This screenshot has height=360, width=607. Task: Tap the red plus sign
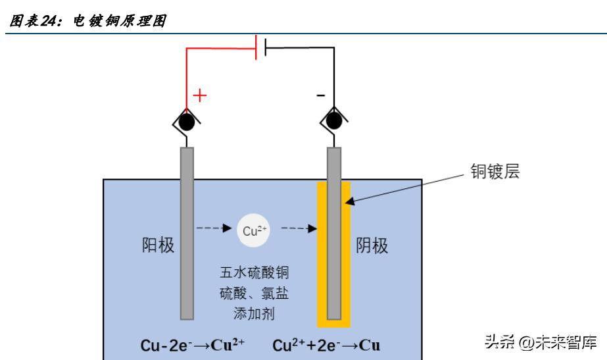[x=199, y=95]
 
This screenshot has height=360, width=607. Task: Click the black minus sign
[x=320, y=96]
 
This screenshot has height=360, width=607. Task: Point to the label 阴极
[x=372, y=245]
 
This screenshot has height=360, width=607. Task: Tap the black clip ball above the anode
[x=187, y=121]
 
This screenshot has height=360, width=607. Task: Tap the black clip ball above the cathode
[x=334, y=121]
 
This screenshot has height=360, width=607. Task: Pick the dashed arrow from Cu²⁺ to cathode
[x=299, y=230]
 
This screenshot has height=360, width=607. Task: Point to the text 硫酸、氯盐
[x=255, y=293]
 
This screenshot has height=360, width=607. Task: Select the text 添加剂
[x=255, y=314]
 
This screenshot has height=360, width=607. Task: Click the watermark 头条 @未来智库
[x=540, y=342]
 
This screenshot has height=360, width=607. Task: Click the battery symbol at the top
[x=260, y=47]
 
